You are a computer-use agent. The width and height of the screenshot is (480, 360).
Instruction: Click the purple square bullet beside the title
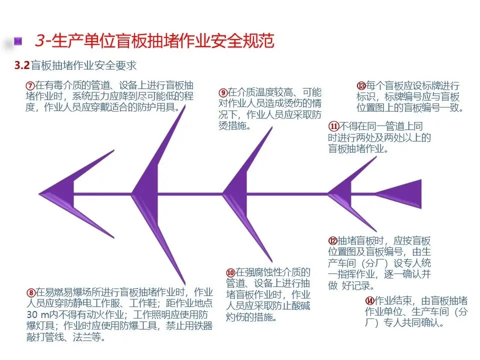click(x=18, y=40)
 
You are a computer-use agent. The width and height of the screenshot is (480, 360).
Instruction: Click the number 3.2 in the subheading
click(x=22, y=65)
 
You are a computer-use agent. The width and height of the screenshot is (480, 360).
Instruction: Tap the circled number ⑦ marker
click(x=29, y=85)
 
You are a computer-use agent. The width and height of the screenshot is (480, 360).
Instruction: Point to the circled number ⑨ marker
click(x=223, y=93)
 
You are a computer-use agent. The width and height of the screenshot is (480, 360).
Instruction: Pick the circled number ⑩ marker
click(x=230, y=272)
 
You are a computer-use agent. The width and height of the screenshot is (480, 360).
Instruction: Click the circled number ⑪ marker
click(x=333, y=126)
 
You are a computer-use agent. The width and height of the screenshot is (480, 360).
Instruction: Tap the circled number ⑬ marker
click(x=361, y=85)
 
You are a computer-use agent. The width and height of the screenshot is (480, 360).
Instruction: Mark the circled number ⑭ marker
click(x=370, y=300)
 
